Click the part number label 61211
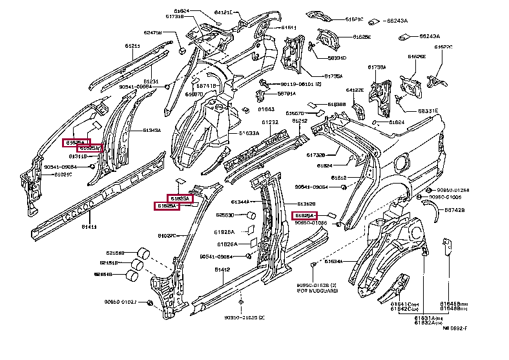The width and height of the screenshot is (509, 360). tap(132, 46)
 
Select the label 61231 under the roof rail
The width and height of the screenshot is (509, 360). tap(150, 81)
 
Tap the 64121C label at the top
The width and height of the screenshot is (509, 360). tap(223, 12)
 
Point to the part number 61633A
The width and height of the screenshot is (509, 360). tap(249, 134)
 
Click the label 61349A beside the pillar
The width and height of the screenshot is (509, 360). tap(152, 130)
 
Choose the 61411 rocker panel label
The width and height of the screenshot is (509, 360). tap(88, 226)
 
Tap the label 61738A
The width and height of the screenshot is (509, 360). tap(377, 67)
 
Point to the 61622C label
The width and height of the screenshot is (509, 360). tap(443, 47)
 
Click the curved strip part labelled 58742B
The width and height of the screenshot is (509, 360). tap(430, 207)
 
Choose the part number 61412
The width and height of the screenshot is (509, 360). tap(222, 270)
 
